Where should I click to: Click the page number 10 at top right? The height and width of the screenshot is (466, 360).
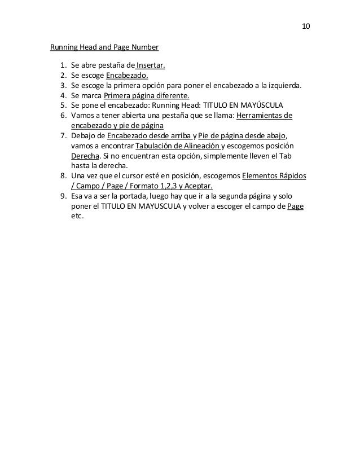pos(306,27)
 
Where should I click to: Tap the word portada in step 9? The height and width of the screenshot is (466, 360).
pos(131,196)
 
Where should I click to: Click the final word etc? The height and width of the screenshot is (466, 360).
pos(77,216)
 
